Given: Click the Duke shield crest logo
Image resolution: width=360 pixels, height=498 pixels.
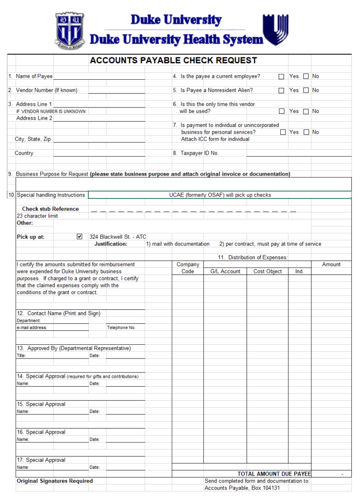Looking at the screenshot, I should [71, 30].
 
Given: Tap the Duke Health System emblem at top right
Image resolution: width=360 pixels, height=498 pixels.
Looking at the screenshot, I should [275, 30].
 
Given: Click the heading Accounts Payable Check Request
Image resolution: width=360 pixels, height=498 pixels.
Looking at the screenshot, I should [173, 61].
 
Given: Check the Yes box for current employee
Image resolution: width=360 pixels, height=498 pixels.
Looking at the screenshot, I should [282, 77].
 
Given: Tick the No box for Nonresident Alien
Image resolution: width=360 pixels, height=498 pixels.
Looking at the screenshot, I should [306, 90].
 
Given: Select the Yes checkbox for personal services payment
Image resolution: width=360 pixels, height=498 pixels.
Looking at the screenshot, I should [283, 132].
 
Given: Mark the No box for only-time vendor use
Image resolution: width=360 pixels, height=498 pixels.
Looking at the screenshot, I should [306, 111].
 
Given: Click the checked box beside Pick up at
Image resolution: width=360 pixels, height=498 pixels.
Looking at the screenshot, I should [80, 237].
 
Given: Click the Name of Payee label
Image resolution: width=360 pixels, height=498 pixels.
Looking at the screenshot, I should [34, 76].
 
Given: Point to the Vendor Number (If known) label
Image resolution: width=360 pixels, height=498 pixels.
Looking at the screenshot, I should [46, 90].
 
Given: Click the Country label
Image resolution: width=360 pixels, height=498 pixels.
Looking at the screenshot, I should [24, 153].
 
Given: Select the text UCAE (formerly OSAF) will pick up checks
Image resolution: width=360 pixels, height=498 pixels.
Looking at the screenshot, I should [220, 195].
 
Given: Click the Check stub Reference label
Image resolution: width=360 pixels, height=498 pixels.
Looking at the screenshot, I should [50, 209].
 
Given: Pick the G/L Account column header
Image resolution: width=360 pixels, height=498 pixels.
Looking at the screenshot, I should [225, 271].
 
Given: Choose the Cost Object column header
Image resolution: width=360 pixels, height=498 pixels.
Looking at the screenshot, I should [268, 271].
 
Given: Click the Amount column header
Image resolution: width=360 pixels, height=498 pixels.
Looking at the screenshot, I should [331, 265].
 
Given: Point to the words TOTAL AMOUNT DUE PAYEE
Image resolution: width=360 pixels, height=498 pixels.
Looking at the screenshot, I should [274, 474].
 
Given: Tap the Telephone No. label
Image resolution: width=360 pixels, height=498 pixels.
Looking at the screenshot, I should [121, 328].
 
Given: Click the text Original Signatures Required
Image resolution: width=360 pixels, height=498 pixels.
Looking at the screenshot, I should [54, 481].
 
